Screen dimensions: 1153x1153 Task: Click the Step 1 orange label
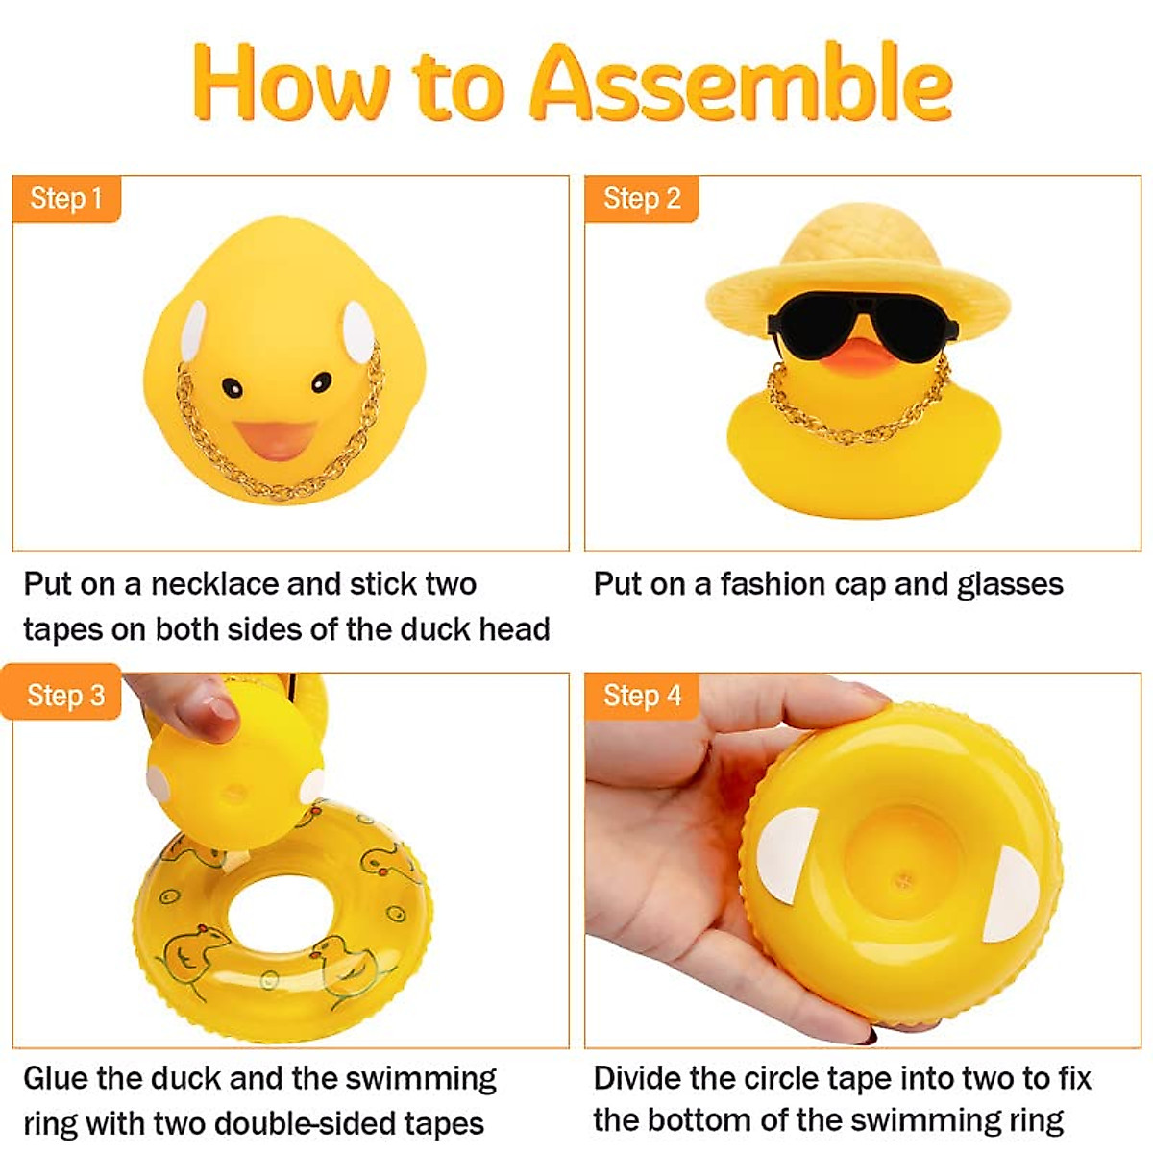click(65, 199)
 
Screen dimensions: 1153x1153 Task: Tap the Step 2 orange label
click(641, 199)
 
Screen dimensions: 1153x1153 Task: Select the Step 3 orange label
click(65, 695)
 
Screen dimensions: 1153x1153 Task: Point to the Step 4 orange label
click(641, 695)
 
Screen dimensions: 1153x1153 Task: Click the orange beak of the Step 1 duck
click(278, 438)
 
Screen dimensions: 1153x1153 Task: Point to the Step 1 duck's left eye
click(232, 387)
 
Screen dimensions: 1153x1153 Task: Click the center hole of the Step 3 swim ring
click(279, 913)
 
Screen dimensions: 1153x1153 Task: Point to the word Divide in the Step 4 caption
click(638, 1078)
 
